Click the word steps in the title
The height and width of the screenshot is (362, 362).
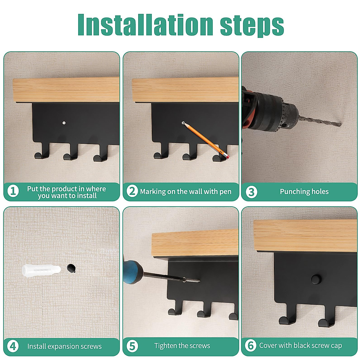[252, 26]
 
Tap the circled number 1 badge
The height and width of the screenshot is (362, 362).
[13, 191]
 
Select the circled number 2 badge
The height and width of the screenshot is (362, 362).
[132, 191]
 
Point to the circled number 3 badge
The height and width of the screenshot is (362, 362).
[251, 192]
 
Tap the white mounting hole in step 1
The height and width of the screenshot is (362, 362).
[64, 123]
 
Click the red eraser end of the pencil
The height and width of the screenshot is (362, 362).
[227, 156]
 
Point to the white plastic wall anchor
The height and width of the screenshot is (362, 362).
[41, 270]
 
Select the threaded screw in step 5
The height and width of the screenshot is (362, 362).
[191, 280]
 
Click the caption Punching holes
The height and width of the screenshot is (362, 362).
[304, 192]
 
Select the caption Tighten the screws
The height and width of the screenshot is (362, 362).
[182, 346]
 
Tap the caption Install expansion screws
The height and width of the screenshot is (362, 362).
[64, 346]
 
